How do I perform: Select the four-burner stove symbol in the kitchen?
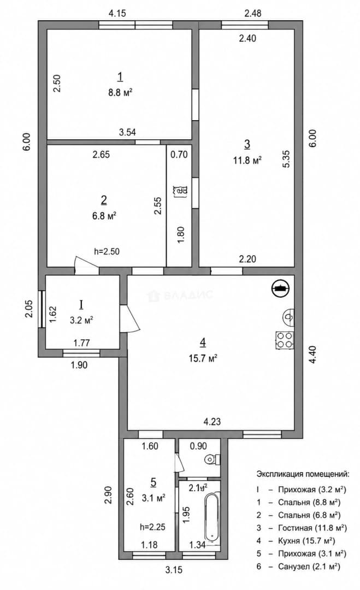[285, 339]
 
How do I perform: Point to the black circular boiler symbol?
[280, 288]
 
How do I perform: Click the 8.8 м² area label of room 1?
[120, 92]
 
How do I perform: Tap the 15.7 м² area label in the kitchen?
[203, 358]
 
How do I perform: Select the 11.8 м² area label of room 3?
[247, 160]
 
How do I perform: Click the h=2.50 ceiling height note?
[107, 251]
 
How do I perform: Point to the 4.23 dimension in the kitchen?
[212, 422]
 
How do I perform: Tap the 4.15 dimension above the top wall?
[117, 14]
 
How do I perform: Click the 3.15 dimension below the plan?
[174, 570]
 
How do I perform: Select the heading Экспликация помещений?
[303, 474]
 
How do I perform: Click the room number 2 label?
[104, 200]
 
